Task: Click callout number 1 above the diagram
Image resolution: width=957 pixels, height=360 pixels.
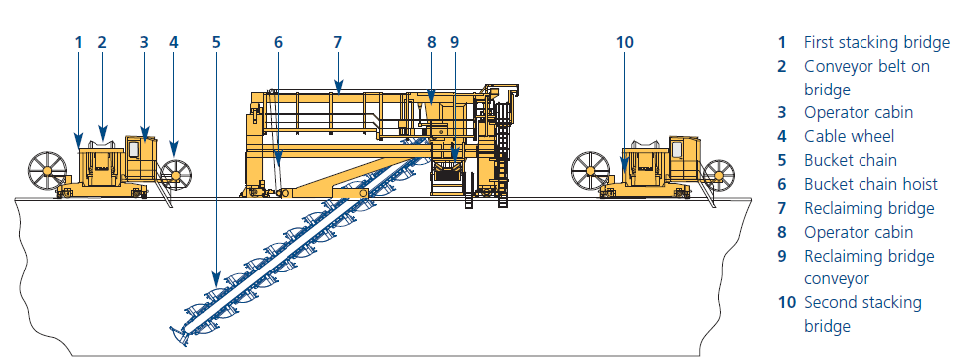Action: pyautogui.click(x=79, y=42)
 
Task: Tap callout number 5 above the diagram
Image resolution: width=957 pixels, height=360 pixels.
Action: pyautogui.click(x=216, y=42)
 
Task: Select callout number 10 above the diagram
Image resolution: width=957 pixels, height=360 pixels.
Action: pyautogui.click(x=625, y=42)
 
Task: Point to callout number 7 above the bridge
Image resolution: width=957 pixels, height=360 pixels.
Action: pyautogui.click(x=337, y=42)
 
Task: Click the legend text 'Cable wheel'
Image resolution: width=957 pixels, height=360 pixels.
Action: pyautogui.click(x=849, y=136)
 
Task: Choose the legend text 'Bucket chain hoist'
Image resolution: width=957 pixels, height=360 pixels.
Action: pyautogui.click(x=867, y=184)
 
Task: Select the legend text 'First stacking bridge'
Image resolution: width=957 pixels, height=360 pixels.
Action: pyautogui.click(x=876, y=42)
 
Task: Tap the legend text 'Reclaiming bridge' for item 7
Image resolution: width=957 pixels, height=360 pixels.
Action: pyautogui.click(x=869, y=208)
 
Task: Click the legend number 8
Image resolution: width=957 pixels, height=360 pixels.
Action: pyautogui.click(x=782, y=232)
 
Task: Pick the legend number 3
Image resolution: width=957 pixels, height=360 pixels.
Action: pyautogui.click(x=782, y=113)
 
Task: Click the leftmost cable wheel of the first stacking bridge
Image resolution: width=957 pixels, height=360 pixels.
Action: pyautogui.click(x=47, y=170)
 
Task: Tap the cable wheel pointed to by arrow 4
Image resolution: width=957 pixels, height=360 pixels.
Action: pyautogui.click(x=175, y=175)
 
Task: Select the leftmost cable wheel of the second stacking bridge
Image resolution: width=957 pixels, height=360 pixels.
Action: pyautogui.click(x=590, y=170)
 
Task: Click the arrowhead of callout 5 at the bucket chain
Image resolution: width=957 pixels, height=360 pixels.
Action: pyautogui.click(x=216, y=278)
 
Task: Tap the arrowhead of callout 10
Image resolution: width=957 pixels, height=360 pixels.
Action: pyautogui.click(x=625, y=162)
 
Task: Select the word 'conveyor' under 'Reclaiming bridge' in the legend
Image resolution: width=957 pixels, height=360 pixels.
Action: pyautogui.click(x=837, y=279)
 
